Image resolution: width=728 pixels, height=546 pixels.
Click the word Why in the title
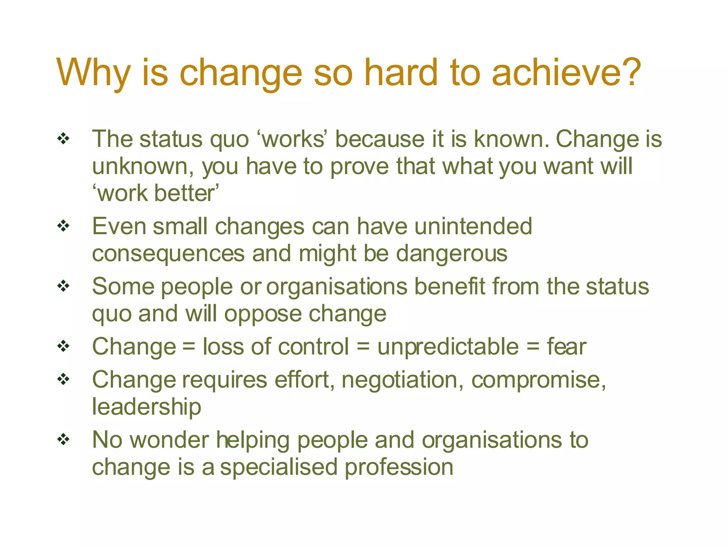click(93, 73)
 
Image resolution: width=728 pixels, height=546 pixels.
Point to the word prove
click(359, 167)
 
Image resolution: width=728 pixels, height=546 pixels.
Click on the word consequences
click(168, 254)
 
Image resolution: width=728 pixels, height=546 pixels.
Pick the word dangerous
click(451, 254)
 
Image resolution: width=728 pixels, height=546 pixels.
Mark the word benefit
click(450, 286)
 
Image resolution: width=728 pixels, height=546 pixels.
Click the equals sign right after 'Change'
click(189, 347)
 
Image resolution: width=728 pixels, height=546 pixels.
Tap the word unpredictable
click(448, 347)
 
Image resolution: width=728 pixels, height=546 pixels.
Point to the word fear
click(567, 347)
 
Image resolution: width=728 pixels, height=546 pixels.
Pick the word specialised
click(278, 467)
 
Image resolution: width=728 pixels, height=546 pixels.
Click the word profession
click(399, 467)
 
